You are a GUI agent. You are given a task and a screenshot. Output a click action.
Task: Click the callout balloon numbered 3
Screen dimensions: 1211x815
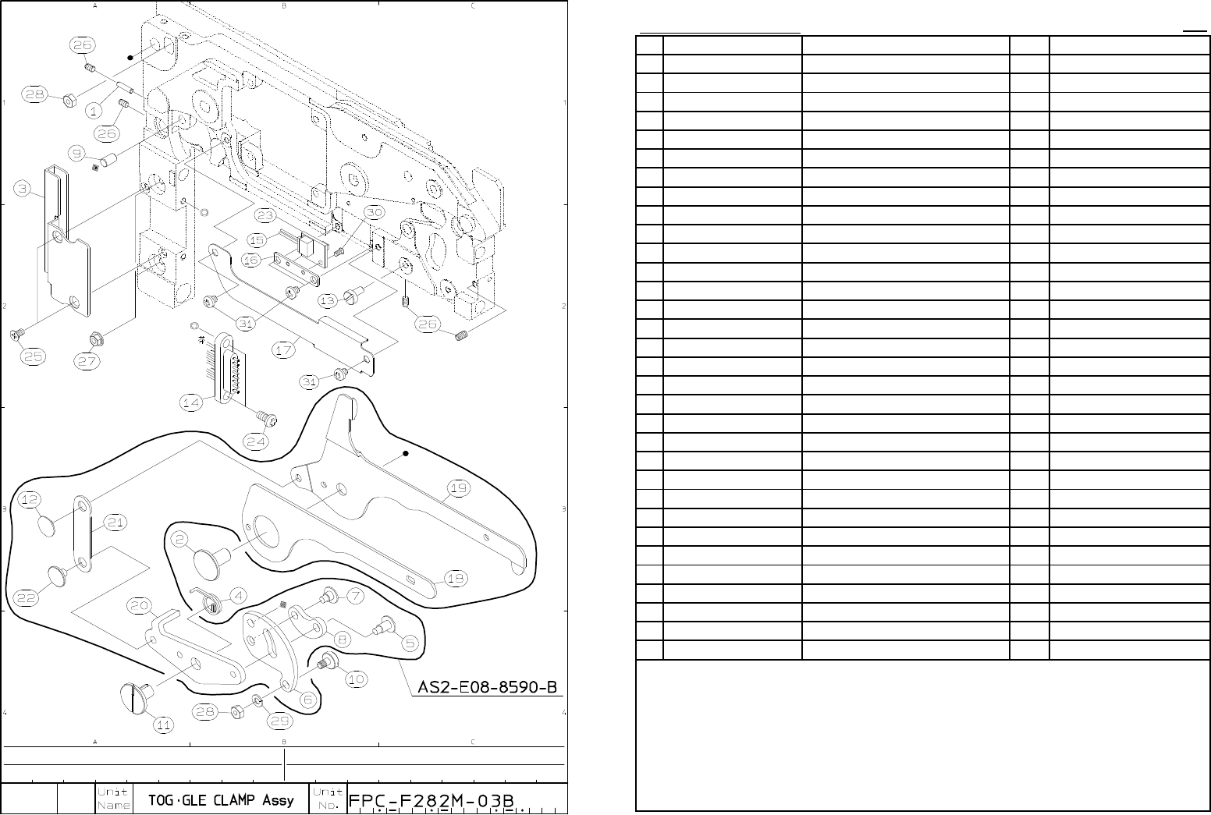tap(26, 188)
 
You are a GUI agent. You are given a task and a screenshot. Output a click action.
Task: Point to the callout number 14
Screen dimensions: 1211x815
tap(192, 402)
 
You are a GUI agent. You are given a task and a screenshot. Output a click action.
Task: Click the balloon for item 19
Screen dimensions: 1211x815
tap(459, 489)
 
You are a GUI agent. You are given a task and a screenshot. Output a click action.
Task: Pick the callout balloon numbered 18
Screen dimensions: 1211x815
tap(456, 578)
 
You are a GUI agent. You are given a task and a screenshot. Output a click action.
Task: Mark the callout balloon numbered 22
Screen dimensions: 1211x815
tap(27, 597)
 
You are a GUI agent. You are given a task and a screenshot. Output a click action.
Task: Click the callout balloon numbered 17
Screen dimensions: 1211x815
tap(285, 350)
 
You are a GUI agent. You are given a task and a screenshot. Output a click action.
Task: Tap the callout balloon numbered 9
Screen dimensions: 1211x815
tap(79, 153)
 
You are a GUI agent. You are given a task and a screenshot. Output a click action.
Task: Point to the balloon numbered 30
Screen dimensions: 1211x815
tap(375, 212)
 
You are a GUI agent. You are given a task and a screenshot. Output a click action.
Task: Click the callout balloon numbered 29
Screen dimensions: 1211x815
tap(280, 721)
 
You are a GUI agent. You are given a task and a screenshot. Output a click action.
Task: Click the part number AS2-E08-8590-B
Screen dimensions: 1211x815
tap(488, 687)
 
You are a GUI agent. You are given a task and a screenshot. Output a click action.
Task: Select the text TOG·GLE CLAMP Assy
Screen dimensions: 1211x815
tap(221, 799)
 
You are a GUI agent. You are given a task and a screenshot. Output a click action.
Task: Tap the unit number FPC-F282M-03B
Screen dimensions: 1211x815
tap(435, 800)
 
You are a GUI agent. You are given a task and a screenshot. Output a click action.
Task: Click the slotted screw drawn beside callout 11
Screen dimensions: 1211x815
tap(135, 696)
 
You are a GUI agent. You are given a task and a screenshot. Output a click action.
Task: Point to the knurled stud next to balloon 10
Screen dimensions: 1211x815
tap(325, 663)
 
